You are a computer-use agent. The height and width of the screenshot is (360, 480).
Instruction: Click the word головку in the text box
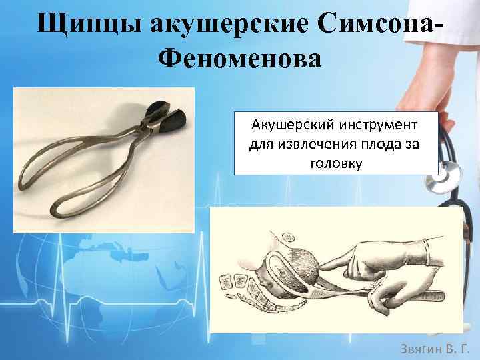[336, 163]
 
